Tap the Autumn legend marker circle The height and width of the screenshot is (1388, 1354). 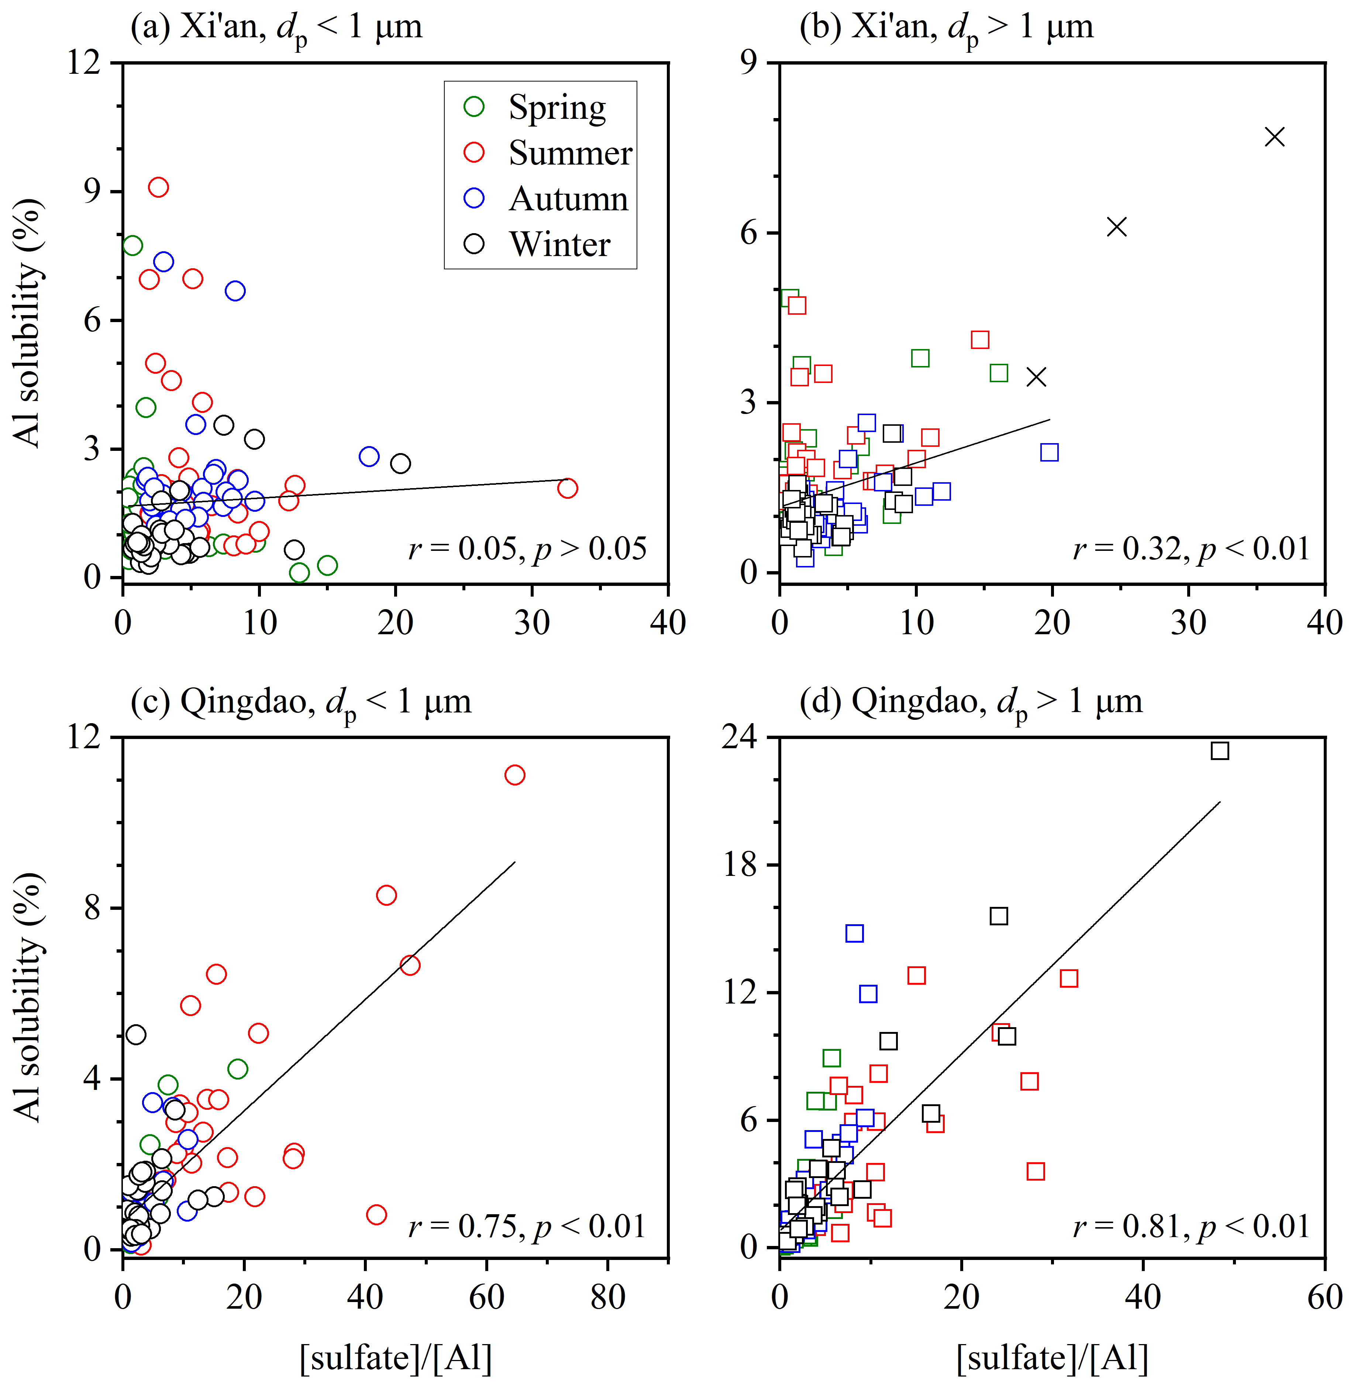pos(474,198)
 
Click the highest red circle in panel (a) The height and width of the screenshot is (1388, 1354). pos(159,187)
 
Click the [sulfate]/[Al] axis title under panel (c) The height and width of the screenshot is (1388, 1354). pos(395,1358)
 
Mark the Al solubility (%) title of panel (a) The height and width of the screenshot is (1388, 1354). pos(28,324)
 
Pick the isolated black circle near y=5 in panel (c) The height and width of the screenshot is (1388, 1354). pos(136,1035)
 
